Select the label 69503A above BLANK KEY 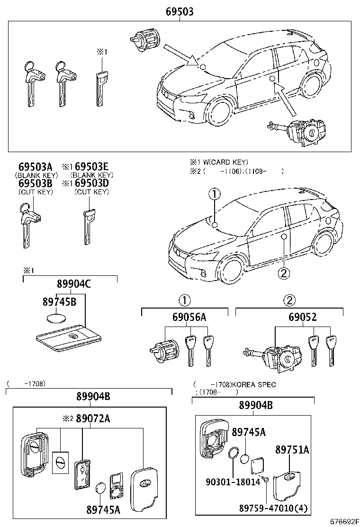coord(35,167)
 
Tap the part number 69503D coord(92,183)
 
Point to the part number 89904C coord(74,284)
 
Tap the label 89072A coord(93,418)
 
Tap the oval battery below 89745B coord(57,318)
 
